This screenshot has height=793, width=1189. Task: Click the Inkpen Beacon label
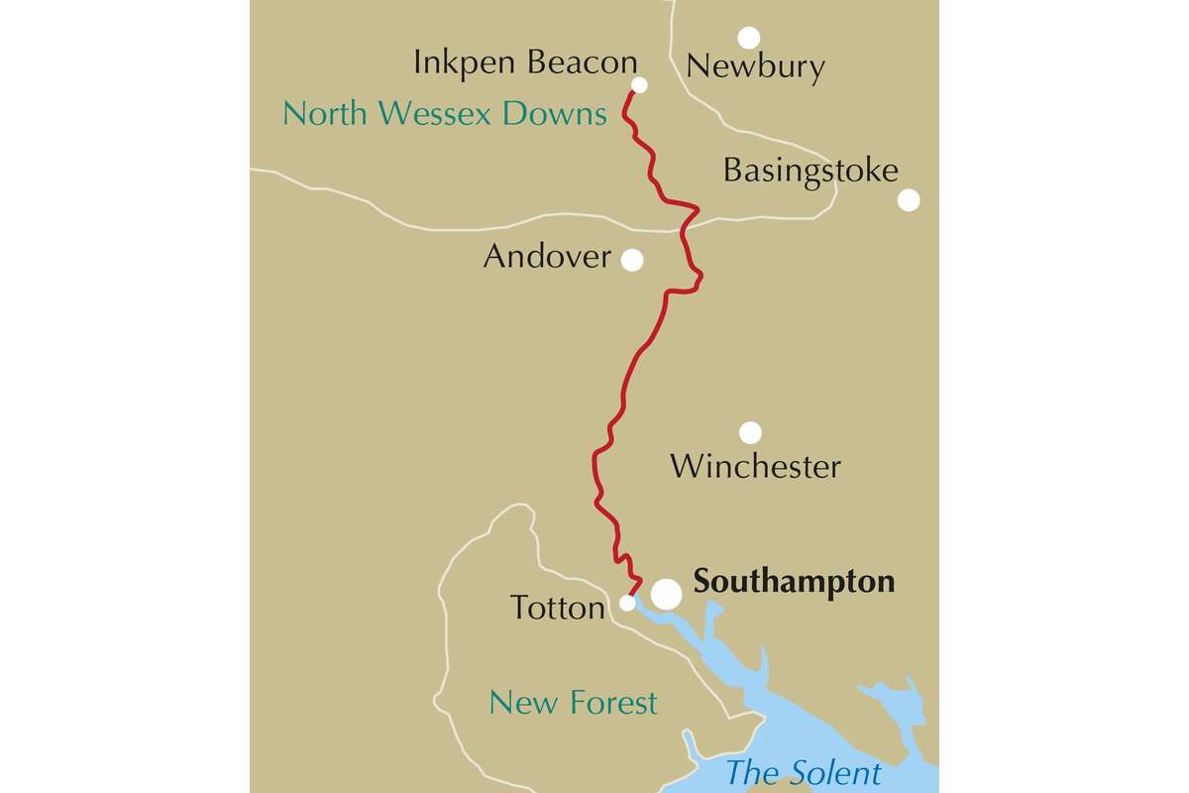coord(525,63)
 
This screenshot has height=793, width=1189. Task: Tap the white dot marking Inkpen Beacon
coord(639,85)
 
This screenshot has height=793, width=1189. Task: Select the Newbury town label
coord(755,67)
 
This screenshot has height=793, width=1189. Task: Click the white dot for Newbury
coord(749,38)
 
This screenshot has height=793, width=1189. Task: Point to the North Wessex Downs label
coord(444,114)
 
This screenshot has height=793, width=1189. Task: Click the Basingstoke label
coord(810,170)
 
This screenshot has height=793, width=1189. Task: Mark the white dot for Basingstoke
coord(909,200)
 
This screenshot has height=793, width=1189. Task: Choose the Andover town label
coord(547,258)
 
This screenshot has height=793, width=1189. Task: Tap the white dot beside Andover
coord(631,260)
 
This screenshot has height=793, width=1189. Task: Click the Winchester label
coord(755,466)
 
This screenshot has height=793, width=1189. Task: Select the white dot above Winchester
coord(750,432)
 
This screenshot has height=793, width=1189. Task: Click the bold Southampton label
coord(795,582)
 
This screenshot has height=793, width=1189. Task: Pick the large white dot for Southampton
coord(666,594)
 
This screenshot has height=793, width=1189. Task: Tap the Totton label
coord(557,608)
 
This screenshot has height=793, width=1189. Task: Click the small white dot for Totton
coord(627,603)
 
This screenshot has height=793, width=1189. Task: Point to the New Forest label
coord(573,704)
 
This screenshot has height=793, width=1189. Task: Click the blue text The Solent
coord(803,772)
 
